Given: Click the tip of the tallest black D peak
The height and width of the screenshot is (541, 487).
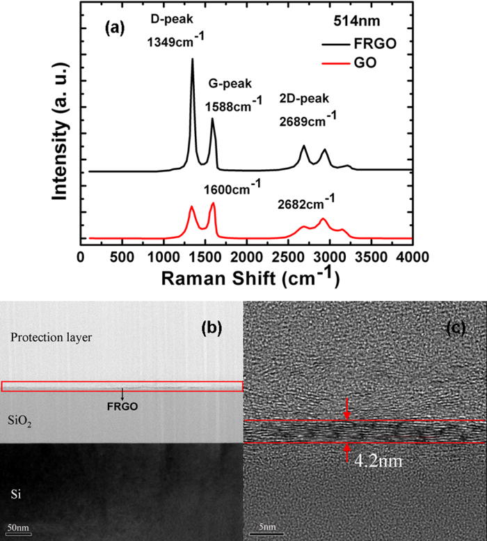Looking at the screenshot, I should [x=193, y=59].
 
